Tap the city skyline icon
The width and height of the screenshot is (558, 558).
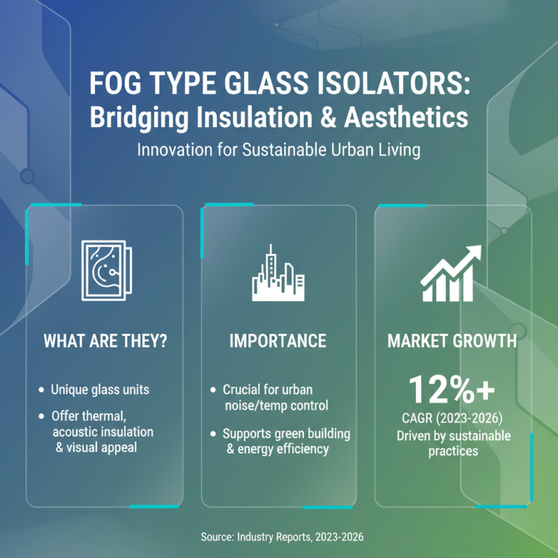(x=278, y=273)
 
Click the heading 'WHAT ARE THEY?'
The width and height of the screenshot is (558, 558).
(x=105, y=341)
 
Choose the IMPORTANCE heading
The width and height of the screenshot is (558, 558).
(x=278, y=341)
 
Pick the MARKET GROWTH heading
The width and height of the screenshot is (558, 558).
(x=452, y=341)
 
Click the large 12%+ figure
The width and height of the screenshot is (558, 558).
(x=453, y=390)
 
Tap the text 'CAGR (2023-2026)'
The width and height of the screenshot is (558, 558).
(x=453, y=420)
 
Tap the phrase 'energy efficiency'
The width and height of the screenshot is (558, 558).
(x=282, y=448)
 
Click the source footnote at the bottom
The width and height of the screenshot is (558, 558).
(x=279, y=537)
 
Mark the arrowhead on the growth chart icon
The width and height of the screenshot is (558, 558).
(x=473, y=252)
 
